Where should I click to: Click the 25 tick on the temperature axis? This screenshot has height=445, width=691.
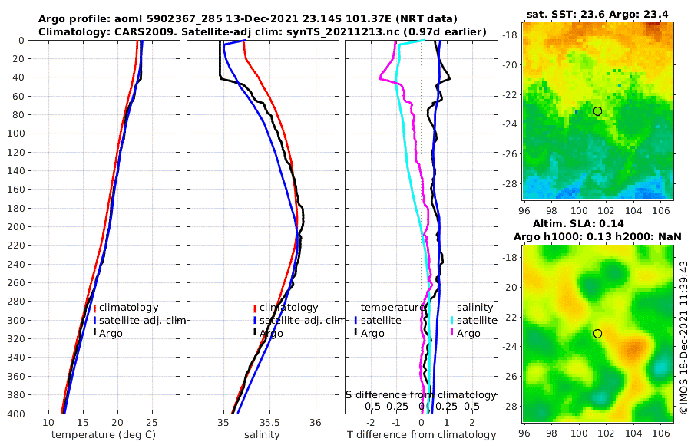(151, 423)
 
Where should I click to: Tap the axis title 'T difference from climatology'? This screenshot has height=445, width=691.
(421, 435)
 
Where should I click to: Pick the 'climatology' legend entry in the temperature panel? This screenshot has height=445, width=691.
(126, 307)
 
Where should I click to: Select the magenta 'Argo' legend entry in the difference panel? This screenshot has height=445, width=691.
(468, 333)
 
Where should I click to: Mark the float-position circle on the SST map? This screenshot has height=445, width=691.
(597, 111)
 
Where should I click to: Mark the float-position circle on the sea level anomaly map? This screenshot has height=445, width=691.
(597, 333)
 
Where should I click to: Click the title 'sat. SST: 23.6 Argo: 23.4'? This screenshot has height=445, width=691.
(597, 13)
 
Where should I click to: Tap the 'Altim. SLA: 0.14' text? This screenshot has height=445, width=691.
(597, 223)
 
